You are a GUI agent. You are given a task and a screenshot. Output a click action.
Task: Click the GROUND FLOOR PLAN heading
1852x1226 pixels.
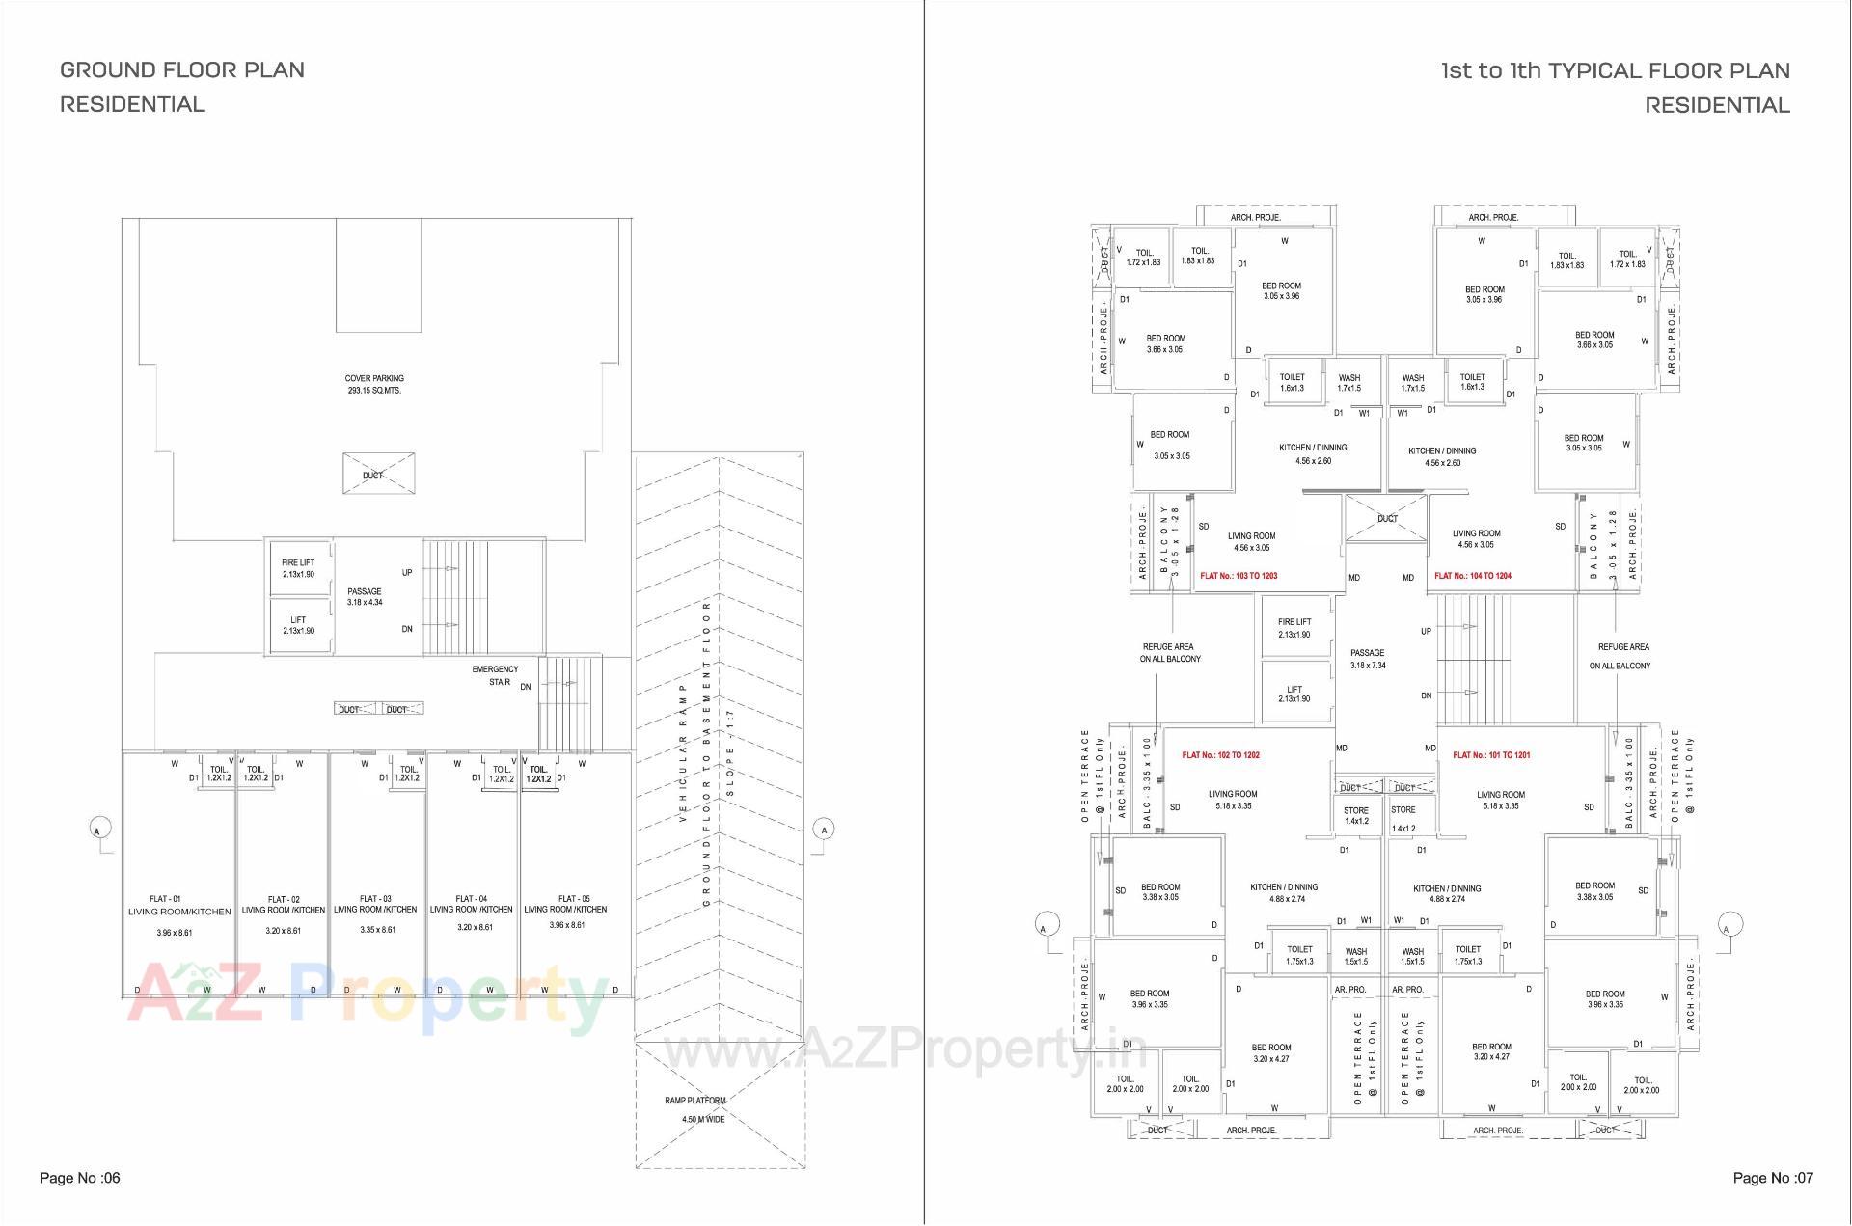[182, 69]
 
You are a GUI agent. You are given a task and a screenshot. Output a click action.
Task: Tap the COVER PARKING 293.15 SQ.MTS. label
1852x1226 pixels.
[374, 384]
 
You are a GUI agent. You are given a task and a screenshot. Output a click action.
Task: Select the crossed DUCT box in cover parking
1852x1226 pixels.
[379, 474]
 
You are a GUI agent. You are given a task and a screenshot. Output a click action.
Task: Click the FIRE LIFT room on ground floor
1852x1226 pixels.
[298, 568]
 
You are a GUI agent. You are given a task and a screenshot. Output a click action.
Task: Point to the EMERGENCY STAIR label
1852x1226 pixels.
[496, 675]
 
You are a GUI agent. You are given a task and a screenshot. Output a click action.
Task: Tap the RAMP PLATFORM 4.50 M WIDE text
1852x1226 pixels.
[694, 1109]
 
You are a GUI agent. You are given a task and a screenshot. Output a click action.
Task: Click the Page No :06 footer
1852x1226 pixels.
[80, 1178]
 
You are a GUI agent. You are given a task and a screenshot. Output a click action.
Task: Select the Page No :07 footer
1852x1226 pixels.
[1773, 1178]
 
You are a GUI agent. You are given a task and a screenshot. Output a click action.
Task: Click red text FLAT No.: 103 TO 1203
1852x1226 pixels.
[1239, 576]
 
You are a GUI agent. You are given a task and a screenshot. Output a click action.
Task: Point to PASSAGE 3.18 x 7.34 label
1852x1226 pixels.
[1368, 659]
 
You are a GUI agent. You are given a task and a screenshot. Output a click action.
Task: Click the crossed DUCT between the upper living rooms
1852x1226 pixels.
[1386, 518]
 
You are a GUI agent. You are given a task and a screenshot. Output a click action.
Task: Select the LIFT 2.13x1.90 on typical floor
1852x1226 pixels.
[1294, 694]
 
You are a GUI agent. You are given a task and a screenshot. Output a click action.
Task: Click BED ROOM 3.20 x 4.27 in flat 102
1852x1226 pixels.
[1271, 1052]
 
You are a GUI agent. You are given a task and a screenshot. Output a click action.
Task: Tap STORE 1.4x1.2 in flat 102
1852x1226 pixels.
[1356, 815]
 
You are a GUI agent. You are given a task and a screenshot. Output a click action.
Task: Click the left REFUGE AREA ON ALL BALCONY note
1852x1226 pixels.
[1169, 653]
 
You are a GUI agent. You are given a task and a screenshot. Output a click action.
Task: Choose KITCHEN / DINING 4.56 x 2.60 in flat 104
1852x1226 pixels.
[1442, 456]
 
